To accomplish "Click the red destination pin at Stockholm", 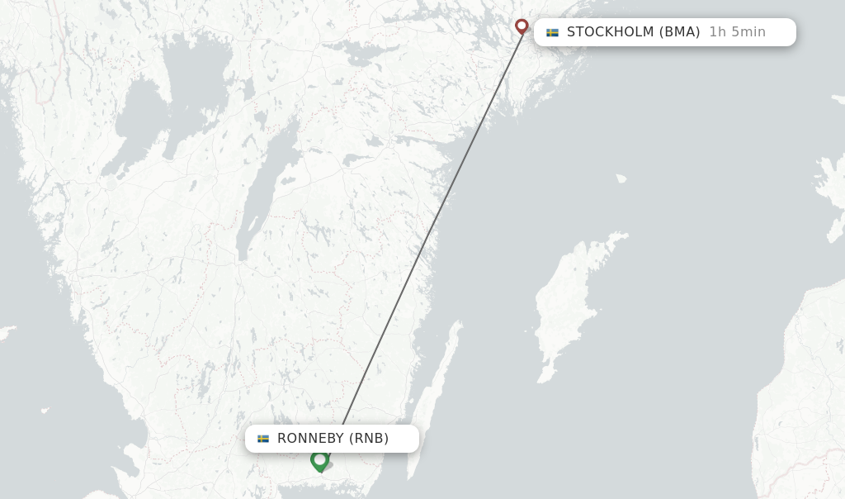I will coord(522,26).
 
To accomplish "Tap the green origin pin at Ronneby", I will coord(319,460).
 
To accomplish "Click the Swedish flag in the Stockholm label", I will coord(552,32).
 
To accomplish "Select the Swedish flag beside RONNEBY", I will coord(263,439).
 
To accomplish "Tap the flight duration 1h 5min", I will coord(737,32).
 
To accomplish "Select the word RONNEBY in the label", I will coord(310,439).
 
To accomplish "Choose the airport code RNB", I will coord(369,439).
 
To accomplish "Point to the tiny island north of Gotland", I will coord(621,178).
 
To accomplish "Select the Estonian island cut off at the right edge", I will coord(829,186).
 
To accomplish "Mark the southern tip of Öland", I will coord(410,477).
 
